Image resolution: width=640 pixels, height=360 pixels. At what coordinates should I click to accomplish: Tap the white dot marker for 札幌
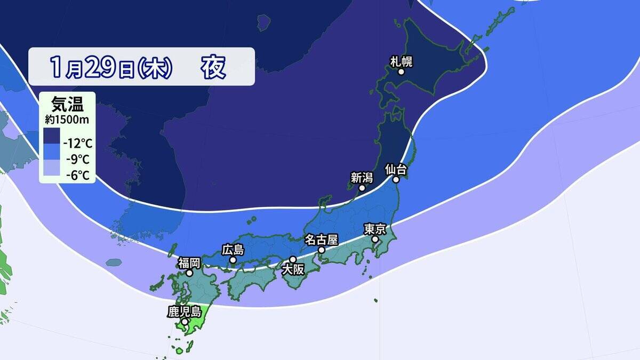[401, 72]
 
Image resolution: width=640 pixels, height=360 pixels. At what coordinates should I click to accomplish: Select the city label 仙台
[396, 170]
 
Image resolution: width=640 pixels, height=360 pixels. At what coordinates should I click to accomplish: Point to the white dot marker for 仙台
[397, 180]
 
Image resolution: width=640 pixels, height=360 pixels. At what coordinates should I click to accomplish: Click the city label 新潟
[361, 178]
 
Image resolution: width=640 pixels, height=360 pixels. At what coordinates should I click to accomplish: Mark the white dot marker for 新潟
[362, 188]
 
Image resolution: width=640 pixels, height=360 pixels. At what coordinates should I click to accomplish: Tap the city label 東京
[374, 229]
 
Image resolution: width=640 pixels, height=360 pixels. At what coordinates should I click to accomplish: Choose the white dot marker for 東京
[375, 239]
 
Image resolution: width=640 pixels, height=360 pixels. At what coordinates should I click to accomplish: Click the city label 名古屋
[321, 239]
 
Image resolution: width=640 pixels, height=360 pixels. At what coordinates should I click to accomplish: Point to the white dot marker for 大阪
[293, 259]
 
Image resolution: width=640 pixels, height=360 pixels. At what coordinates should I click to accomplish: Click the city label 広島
[233, 250]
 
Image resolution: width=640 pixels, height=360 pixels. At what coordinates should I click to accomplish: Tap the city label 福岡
[189, 262]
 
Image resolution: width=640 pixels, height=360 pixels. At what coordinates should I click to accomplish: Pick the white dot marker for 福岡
[189, 273]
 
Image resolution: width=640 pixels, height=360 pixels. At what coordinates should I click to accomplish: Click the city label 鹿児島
[183, 311]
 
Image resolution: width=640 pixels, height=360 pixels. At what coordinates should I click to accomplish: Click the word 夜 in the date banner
[213, 67]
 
